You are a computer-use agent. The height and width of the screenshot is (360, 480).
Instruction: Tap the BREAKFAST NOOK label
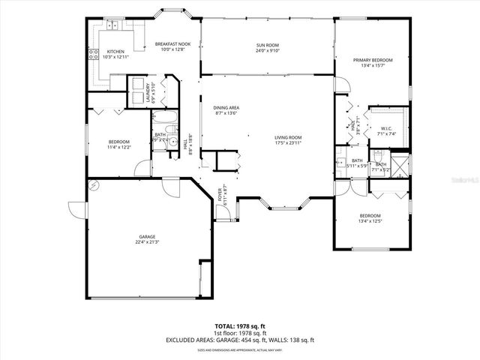click(172, 44)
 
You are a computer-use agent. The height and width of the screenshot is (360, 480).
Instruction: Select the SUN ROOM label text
click(268, 45)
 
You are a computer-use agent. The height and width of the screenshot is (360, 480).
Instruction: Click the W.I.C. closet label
click(388, 128)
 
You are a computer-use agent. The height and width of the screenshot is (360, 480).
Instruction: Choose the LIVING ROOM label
click(287, 137)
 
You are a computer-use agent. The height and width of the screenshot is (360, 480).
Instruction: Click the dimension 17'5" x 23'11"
click(287, 143)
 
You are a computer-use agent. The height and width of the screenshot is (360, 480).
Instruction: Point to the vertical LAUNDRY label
click(147, 91)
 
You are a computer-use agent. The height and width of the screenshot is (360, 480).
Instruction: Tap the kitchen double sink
click(113, 27)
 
